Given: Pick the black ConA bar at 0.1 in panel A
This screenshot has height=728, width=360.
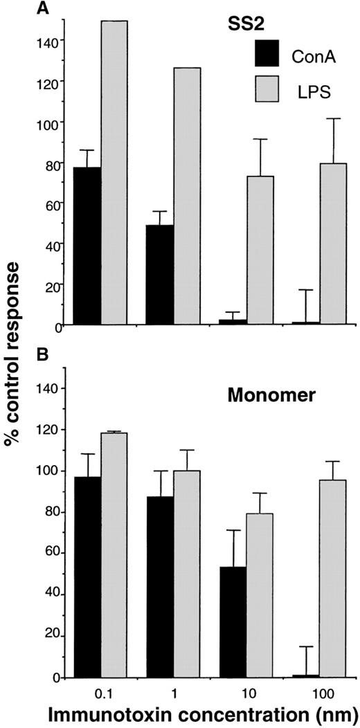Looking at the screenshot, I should (x=88, y=246).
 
